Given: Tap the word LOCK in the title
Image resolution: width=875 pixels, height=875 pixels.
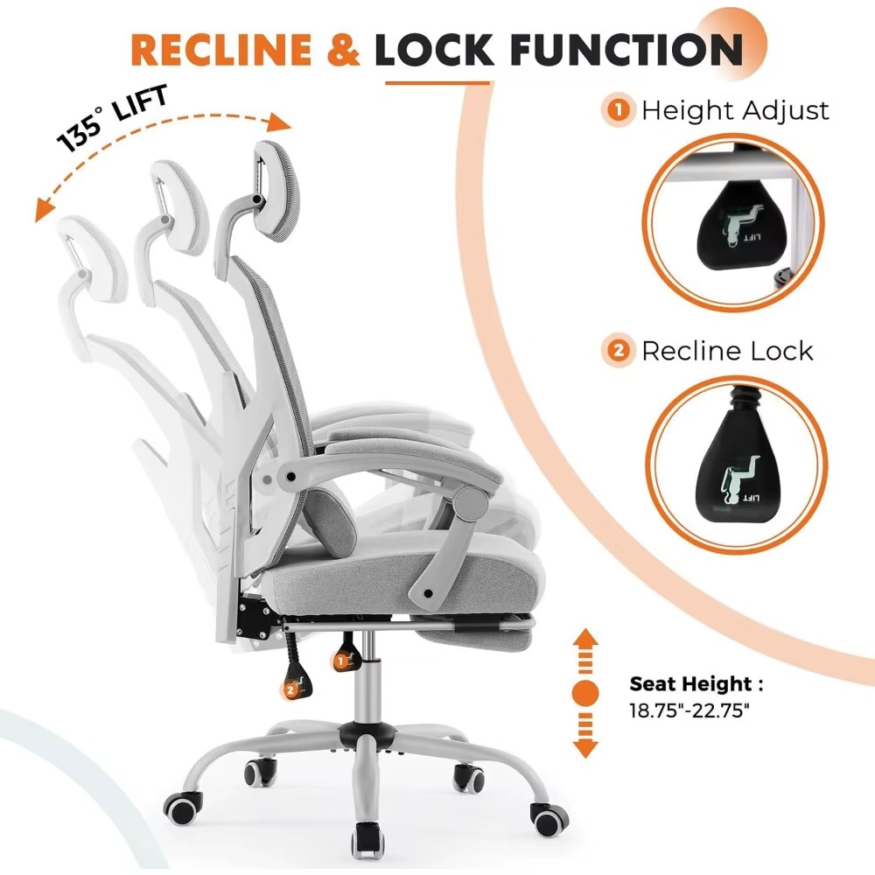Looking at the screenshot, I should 433,50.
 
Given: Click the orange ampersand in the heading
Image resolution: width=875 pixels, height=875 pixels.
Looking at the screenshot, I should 341,51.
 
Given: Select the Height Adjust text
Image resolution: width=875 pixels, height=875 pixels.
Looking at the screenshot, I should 735,111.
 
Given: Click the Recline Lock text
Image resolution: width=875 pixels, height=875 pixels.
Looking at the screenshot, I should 727,351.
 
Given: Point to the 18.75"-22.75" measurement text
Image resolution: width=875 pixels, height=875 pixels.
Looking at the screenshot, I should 690,711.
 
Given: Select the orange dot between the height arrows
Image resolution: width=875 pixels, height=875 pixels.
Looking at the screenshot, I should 585,693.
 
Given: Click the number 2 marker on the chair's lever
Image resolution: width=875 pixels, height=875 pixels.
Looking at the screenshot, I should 290,690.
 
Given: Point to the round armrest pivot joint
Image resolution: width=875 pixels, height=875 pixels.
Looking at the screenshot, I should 472,501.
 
